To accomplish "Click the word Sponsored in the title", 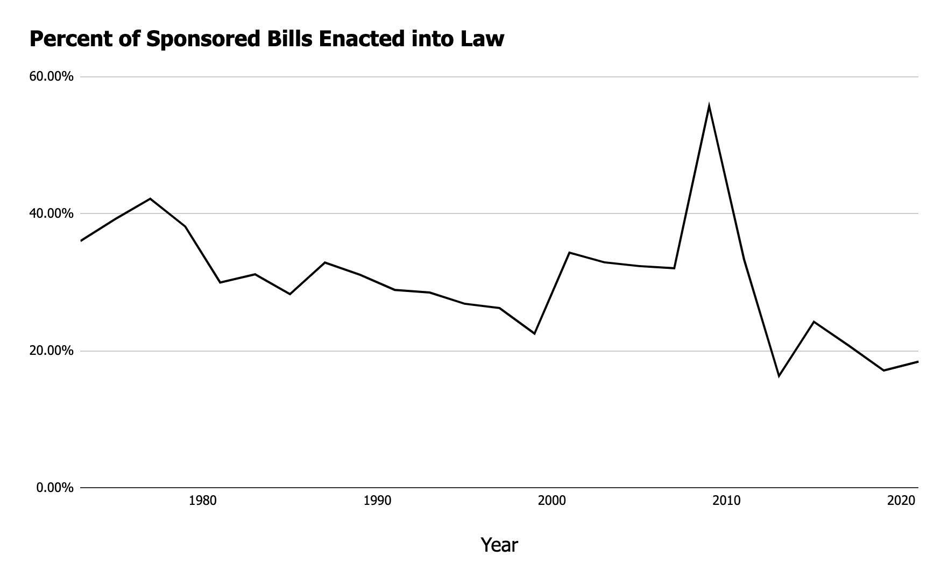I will pyautogui.click(x=203, y=39).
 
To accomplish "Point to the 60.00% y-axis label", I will pyautogui.click(x=51, y=77).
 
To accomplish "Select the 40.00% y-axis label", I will pyautogui.click(x=51, y=214).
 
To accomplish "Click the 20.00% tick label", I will pyautogui.click(x=51, y=351).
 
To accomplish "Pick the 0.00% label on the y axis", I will pyautogui.click(x=54, y=488).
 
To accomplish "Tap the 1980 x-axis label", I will pyautogui.click(x=203, y=501).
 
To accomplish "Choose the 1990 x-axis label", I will pyautogui.click(x=377, y=501).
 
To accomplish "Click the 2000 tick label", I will pyautogui.click(x=551, y=501).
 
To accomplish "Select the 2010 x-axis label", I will pyautogui.click(x=726, y=501).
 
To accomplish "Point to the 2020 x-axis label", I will pyautogui.click(x=901, y=501).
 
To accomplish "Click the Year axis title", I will pyautogui.click(x=499, y=545).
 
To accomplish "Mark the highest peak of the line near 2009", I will pyautogui.click(x=709, y=106).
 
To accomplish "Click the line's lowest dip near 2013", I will pyautogui.click(x=779, y=376).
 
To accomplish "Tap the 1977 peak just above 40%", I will pyautogui.click(x=150, y=199).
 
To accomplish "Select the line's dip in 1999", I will pyautogui.click(x=534, y=334).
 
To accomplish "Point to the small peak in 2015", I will pyautogui.click(x=813, y=322).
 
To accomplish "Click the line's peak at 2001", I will pyautogui.click(x=569, y=252).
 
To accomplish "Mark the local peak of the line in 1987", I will pyautogui.click(x=325, y=262).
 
